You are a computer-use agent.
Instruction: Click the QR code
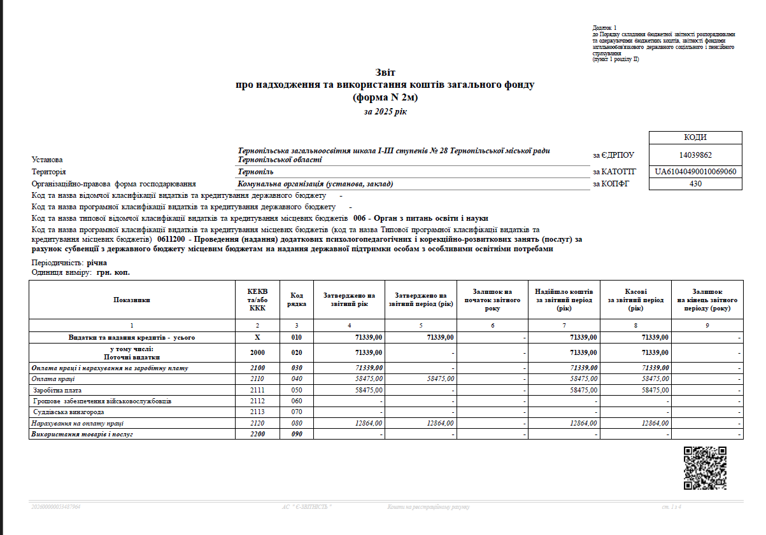pyautogui.click(x=706, y=468)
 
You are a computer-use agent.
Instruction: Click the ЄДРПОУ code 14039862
pyautogui.click(x=695, y=155)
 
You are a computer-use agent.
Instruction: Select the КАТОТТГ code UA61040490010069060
pyautogui.click(x=695, y=172)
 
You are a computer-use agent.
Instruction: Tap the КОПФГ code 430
pyautogui.click(x=695, y=184)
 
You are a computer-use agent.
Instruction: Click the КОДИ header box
pyautogui.click(x=695, y=137)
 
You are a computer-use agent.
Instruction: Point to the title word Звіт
pyautogui.click(x=385, y=73)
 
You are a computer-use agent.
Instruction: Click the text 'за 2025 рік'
pyautogui.click(x=385, y=112)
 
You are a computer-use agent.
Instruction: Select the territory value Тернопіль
pyautogui.click(x=256, y=172)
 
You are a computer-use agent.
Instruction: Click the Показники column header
pyautogui.click(x=132, y=300)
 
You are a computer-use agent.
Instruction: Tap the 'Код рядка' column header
pyautogui.click(x=297, y=300)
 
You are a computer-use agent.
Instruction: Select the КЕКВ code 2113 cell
pyautogui.click(x=257, y=412)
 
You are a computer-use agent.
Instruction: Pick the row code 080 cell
pyautogui.click(x=297, y=423)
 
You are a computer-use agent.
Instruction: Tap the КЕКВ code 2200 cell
pyautogui.click(x=257, y=434)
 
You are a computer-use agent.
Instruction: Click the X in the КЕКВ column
pyautogui.click(x=257, y=337)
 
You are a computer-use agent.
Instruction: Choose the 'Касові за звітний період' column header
pyautogui.click(x=635, y=300)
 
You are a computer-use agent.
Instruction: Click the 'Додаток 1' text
pyautogui.click(x=604, y=29)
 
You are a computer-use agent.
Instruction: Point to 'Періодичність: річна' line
pyautogui.click(x=69, y=263)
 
